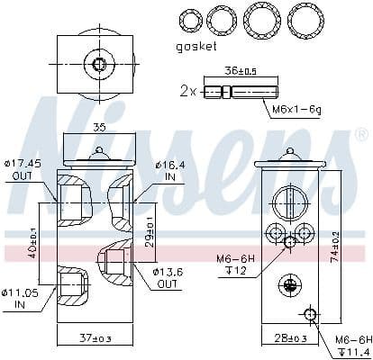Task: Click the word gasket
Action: pyautogui.click(x=198, y=46)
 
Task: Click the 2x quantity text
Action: pyautogui.click(x=187, y=92)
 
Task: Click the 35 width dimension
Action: pyautogui.click(x=98, y=129)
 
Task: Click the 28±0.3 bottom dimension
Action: pyautogui.click(x=289, y=337)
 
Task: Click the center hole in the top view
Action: pyautogui.click(x=99, y=63)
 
